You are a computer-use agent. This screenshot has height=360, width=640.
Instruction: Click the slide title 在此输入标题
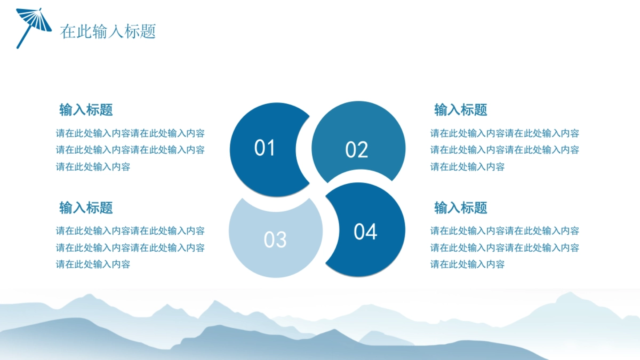(x=108, y=31)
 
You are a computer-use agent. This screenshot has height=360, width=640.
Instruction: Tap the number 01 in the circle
(x=265, y=148)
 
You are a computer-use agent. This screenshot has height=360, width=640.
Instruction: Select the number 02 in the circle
(x=356, y=149)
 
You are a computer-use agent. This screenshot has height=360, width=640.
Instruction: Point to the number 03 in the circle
(x=275, y=239)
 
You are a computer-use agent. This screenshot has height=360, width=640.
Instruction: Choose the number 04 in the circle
(x=365, y=231)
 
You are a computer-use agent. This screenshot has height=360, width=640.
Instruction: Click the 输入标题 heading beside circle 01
(x=86, y=110)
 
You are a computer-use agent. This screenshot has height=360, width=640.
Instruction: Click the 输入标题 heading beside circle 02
(x=461, y=110)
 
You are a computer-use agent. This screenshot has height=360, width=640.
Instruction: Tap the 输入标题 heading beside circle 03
(x=86, y=207)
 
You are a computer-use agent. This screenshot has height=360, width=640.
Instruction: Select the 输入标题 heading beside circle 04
(x=461, y=207)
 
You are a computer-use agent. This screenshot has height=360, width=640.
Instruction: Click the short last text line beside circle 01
(x=93, y=166)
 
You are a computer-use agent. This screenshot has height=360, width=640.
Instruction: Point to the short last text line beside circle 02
(x=467, y=166)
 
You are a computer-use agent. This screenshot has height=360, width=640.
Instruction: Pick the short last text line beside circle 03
(x=93, y=264)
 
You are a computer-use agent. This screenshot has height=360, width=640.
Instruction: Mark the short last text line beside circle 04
(x=467, y=264)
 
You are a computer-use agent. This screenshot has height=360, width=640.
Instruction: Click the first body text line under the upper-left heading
(x=130, y=133)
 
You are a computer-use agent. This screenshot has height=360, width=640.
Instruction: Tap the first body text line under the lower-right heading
(x=505, y=230)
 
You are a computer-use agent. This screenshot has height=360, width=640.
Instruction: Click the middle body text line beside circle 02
(x=505, y=150)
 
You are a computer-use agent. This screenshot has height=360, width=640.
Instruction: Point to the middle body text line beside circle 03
(x=130, y=247)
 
